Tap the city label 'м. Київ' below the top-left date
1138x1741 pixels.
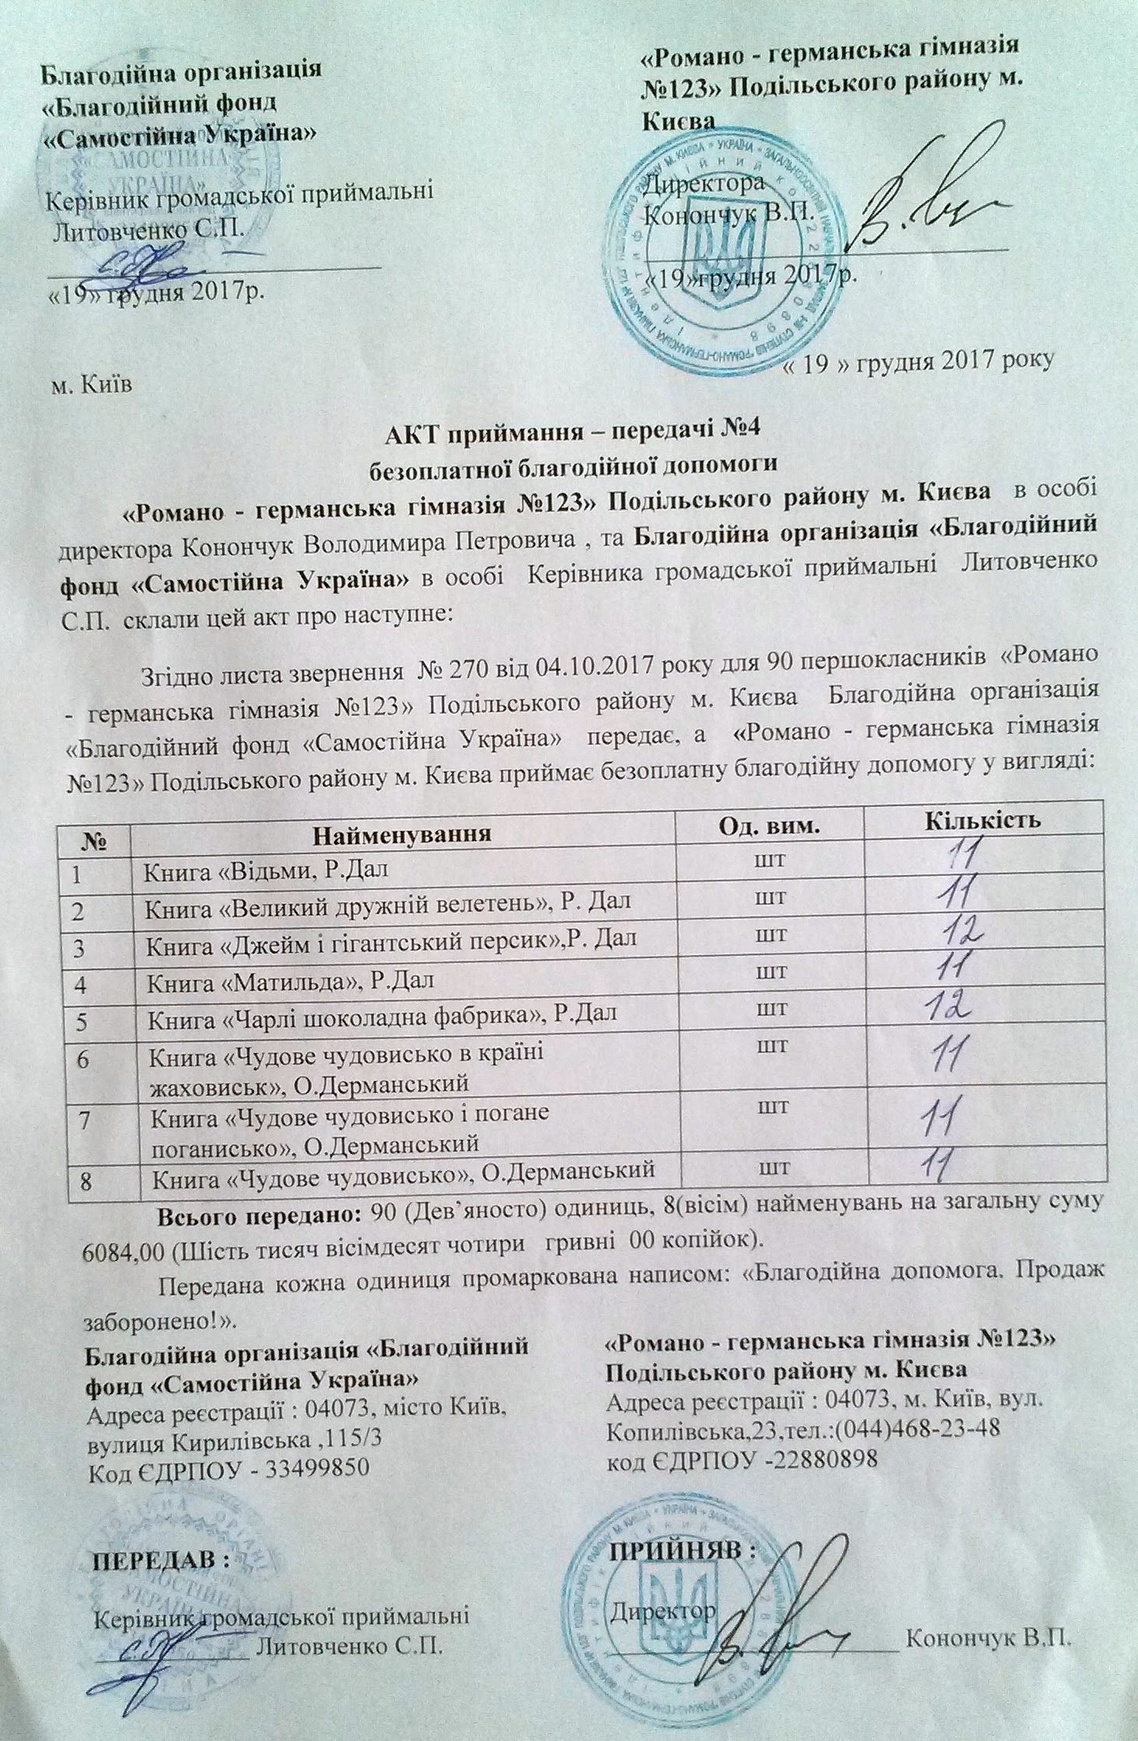point(85,386)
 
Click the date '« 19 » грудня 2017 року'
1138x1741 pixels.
point(917,360)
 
